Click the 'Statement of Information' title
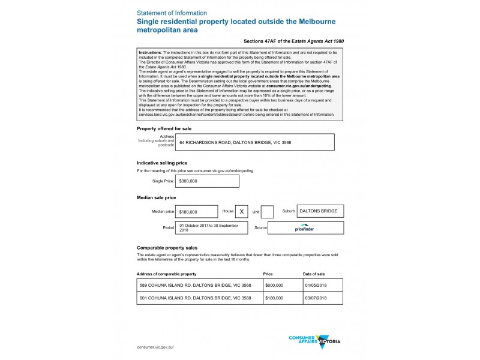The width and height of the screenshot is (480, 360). [x=172, y=13]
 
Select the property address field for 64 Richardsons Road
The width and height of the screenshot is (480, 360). [x=254, y=142]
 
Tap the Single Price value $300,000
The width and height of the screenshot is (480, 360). [x=206, y=181]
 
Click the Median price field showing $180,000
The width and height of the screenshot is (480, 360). [x=197, y=212]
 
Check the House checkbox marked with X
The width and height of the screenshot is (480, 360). [x=241, y=212]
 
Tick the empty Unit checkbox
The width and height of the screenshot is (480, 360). [x=268, y=212]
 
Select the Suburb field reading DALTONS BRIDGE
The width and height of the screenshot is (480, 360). [x=320, y=211]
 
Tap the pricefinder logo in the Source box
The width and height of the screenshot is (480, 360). [x=305, y=229]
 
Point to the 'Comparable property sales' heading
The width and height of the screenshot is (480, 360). [x=167, y=247]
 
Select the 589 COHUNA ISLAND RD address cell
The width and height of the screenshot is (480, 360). [x=195, y=286]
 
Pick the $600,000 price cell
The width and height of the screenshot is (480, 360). [x=274, y=286]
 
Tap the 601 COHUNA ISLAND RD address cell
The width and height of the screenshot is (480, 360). [x=195, y=298]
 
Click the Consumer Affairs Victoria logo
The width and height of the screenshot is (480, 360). [x=314, y=341]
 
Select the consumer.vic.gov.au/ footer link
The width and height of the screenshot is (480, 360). [x=155, y=347]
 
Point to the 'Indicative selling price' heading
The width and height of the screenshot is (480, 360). [x=162, y=163]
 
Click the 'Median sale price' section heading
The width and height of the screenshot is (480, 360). [x=156, y=197]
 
